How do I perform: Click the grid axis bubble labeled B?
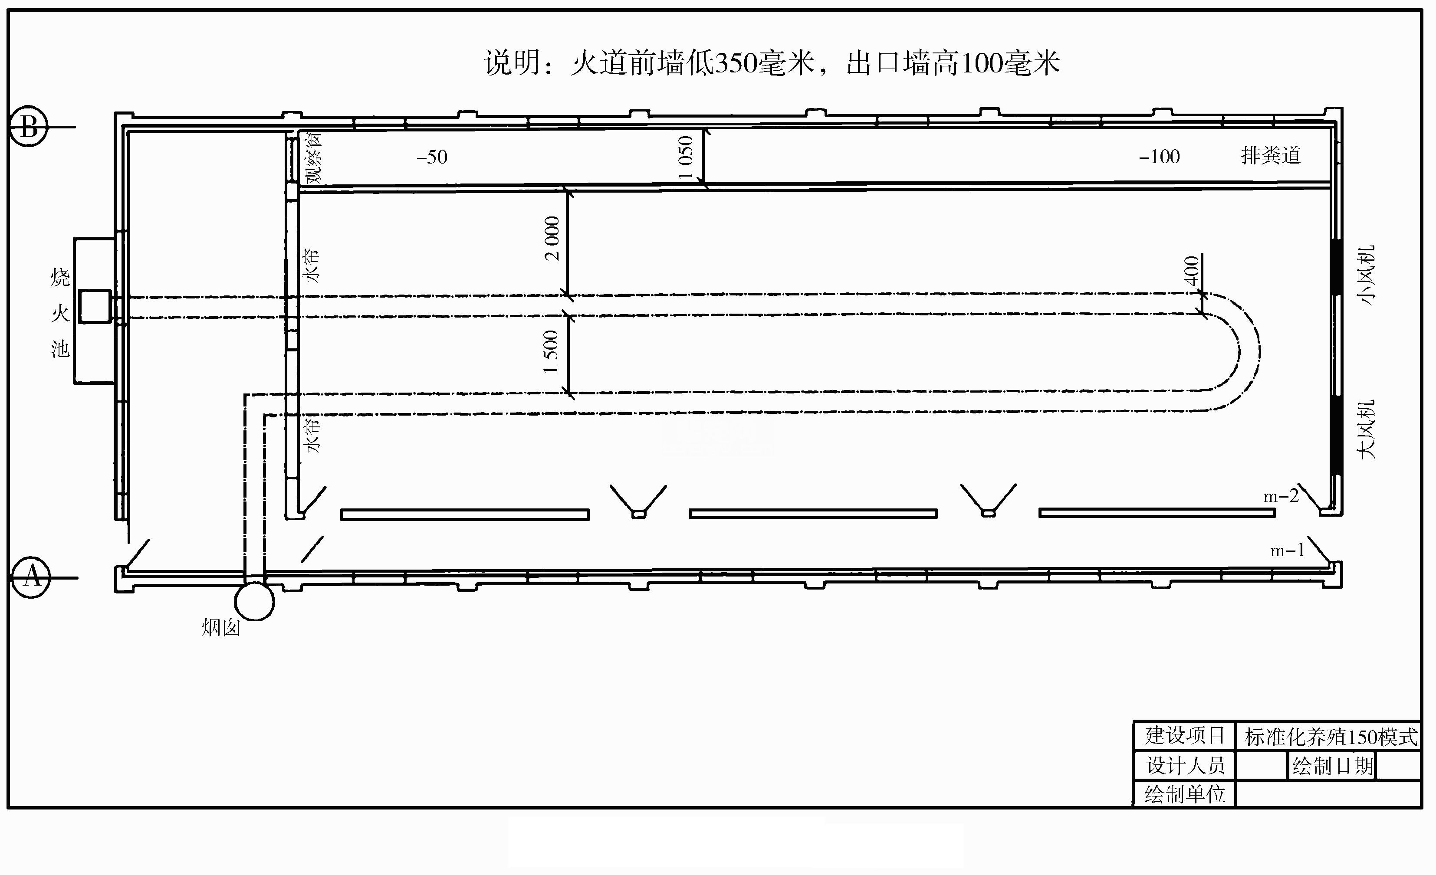pos(29,126)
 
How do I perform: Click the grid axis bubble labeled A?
pos(30,577)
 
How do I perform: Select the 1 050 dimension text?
pos(686,157)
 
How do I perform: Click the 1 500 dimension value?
pos(550,352)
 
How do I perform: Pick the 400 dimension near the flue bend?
pos(1191,270)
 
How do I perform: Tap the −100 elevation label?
pos(1159,156)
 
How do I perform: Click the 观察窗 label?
pos(314,158)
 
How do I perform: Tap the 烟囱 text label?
pos(221,627)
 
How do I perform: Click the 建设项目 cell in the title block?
pos(1184,735)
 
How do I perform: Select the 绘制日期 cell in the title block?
pos(1332,766)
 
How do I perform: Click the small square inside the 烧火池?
pos(95,306)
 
